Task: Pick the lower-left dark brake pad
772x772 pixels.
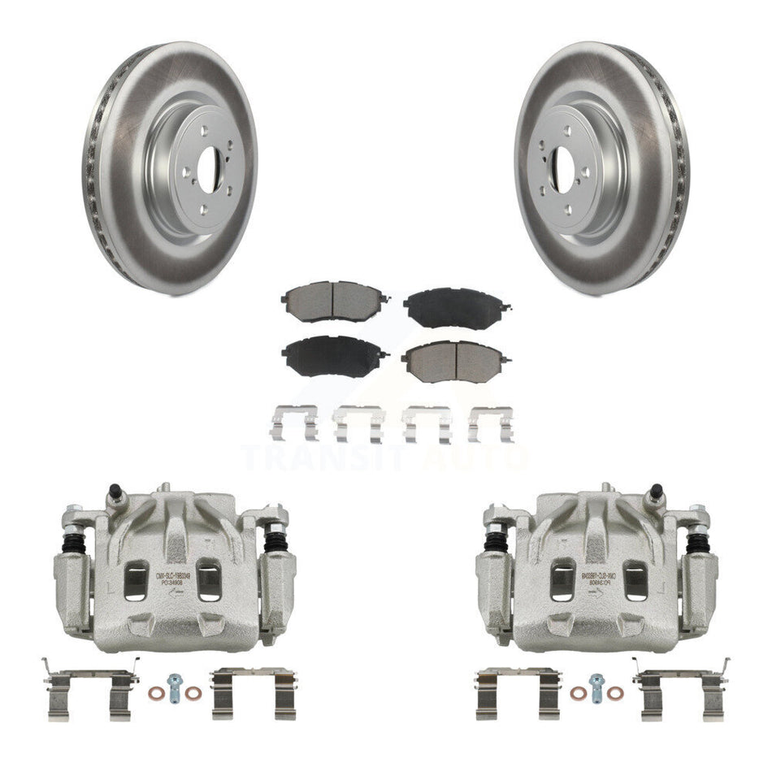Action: [x=328, y=354]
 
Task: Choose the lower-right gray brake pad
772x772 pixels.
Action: [x=456, y=356]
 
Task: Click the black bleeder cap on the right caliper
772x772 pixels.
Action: [x=655, y=493]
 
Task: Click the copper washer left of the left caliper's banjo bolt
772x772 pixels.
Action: [x=157, y=693]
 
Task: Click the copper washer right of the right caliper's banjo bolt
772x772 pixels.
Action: [x=614, y=693]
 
